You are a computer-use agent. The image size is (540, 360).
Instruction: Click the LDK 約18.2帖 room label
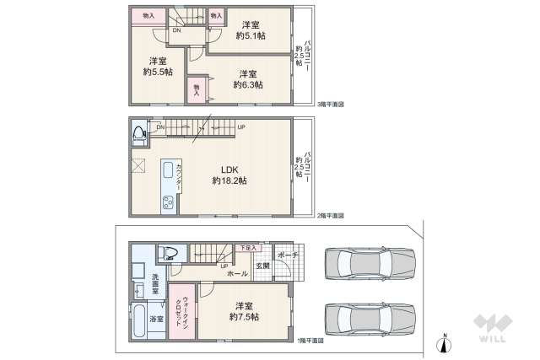pyautogui.click(x=229, y=175)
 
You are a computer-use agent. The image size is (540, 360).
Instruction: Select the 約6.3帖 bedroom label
pyautogui.click(x=247, y=78)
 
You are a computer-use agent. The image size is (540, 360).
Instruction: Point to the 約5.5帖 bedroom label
pyautogui.click(x=158, y=66)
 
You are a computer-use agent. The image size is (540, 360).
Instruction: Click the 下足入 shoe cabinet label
pyautogui.click(x=246, y=248)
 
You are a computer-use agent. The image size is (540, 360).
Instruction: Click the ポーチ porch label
pyautogui.click(x=289, y=255)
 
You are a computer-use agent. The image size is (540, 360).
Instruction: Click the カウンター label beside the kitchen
pyautogui.click(x=180, y=179)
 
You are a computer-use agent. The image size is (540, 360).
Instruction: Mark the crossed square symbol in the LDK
pyautogui.click(x=138, y=164)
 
